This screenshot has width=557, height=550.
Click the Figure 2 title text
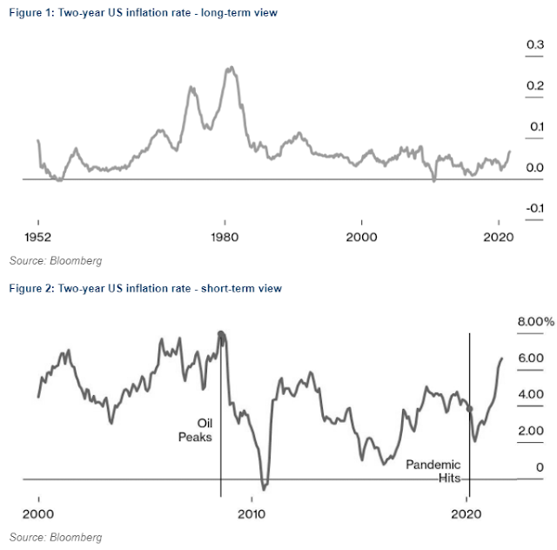click(134, 288)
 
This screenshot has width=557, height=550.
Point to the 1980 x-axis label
click(225, 237)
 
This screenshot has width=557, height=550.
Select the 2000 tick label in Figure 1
click(362, 237)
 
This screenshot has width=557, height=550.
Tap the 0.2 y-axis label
click(534, 85)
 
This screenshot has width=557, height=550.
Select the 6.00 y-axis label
click(532, 358)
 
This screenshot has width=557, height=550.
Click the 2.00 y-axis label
click(532, 430)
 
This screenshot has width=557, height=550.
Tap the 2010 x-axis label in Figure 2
click(252, 512)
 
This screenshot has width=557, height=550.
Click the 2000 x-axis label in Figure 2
click(39, 512)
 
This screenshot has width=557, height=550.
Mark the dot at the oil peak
click(221, 334)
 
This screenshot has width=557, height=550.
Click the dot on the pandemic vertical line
click(470, 408)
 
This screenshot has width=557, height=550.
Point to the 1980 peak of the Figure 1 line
click(229, 68)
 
